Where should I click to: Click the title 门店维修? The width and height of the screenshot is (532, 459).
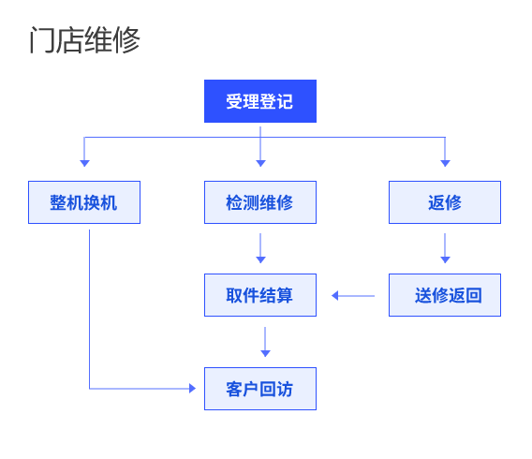click(x=85, y=40)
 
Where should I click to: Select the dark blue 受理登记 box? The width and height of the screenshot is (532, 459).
click(x=260, y=101)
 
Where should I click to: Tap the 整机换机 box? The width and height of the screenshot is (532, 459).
click(x=84, y=202)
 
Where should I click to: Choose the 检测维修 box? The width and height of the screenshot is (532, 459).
click(x=260, y=202)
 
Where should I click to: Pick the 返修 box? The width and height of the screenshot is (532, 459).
click(x=445, y=202)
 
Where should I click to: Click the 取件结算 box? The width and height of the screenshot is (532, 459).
click(x=260, y=295)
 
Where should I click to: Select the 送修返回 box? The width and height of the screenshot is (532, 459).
click(x=445, y=295)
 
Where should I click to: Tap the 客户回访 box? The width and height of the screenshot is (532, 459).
click(x=260, y=389)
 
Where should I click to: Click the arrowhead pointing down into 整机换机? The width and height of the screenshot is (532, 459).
click(x=84, y=163)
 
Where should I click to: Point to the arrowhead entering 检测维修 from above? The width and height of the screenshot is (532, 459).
click(x=260, y=163)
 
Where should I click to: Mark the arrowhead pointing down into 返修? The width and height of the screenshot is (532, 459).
click(x=445, y=163)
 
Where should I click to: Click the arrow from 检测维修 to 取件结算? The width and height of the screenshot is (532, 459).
click(x=260, y=248)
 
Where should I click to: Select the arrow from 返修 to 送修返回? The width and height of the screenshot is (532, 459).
click(x=445, y=248)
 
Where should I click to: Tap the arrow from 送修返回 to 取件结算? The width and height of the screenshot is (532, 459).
click(x=353, y=296)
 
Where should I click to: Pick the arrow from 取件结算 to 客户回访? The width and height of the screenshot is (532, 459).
click(x=265, y=342)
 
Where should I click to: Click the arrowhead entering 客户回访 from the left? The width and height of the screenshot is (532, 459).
click(x=192, y=389)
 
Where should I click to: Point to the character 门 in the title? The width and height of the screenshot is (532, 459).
click(x=42, y=40)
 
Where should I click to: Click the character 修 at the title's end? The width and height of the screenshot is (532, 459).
click(x=126, y=40)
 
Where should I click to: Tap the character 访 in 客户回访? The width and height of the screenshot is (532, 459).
click(x=285, y=389)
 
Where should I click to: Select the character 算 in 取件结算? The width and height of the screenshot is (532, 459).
click(x=285, y=295)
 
